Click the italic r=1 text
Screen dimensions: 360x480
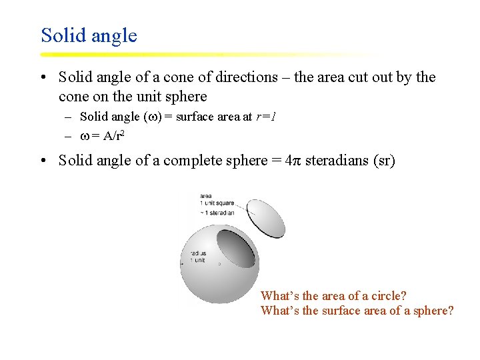click(265, 117)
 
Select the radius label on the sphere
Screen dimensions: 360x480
click(197, 257)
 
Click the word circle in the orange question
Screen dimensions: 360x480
click(385, 295)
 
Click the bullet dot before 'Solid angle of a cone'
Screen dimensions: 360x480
click(43, 78)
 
